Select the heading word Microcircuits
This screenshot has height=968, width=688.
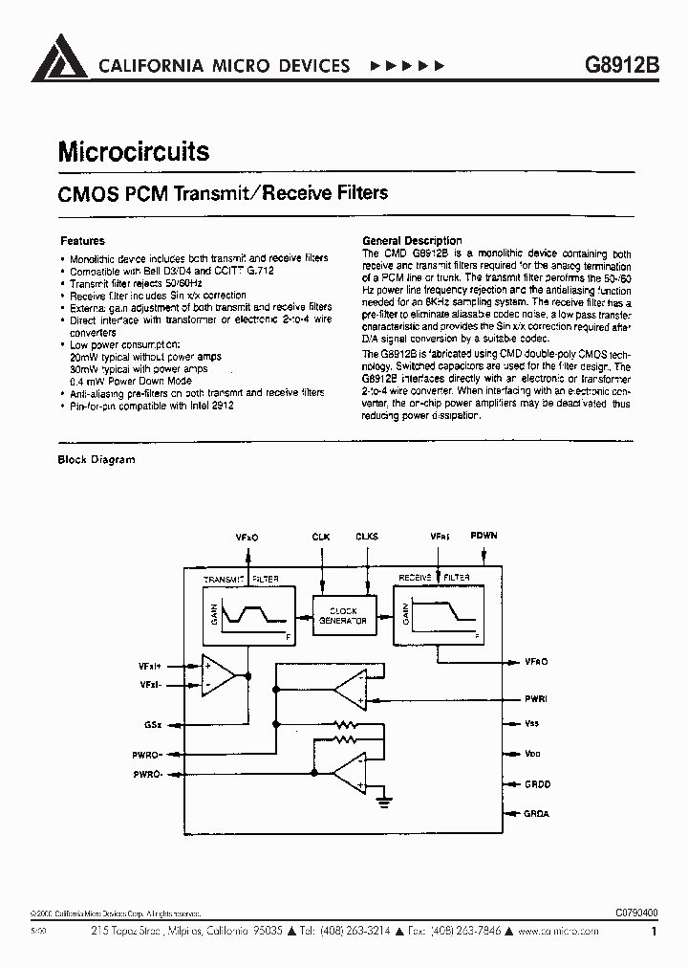[134, 151]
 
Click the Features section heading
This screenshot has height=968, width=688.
[82, 241]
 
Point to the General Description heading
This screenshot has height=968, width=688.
[412, 241]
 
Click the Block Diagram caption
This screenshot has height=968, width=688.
[97, 459]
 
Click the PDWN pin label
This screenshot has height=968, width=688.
[484, 537]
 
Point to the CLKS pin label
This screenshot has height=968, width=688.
[366, 538]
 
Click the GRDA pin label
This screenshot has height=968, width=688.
[537, 814]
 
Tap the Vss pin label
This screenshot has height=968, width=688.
[532, 724]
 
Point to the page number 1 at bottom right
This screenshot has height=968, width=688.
[654, 931]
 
